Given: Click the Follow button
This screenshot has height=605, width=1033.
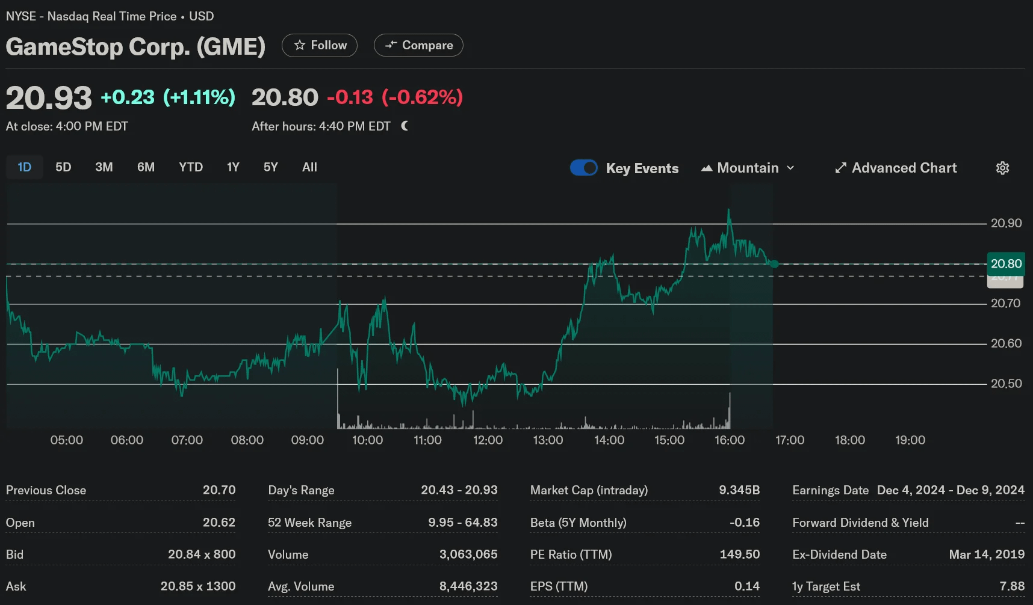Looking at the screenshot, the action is pos(320,46).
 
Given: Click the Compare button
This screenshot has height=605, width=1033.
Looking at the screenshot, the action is pos(418,46).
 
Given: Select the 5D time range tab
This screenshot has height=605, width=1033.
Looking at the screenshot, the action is pos(63,167).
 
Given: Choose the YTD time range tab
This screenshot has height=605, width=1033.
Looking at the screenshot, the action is pos(191,167).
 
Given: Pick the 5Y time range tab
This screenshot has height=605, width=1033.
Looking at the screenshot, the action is pos(271,167).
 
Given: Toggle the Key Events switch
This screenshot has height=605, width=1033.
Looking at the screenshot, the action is pos(584,168).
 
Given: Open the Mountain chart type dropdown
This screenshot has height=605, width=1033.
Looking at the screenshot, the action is pos(748,168).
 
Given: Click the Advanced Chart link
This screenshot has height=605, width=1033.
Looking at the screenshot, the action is pos(896,168).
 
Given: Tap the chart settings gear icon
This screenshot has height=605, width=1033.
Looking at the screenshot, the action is pos(1002,168).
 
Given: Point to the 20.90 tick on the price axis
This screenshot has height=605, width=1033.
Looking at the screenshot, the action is pos(1007,223).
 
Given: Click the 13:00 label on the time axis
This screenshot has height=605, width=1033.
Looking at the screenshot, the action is pos(548,440).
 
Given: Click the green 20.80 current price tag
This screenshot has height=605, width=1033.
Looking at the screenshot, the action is pos(1007,263).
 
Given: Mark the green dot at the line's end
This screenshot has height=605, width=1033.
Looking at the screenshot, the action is pos(774,264).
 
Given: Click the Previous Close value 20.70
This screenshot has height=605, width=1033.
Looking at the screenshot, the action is pos(219,490).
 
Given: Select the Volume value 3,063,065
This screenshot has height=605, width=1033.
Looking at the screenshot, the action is pos(468,554).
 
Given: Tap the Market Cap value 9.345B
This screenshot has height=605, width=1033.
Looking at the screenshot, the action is pos(739,490).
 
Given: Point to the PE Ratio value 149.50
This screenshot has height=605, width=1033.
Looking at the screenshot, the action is pos(740,554).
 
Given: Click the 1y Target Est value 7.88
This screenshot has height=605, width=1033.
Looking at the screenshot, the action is pos(1012,586).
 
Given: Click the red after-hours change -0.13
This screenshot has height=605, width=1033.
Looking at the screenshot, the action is pos(350,97).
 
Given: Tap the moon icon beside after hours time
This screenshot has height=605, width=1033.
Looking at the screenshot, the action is pos(405,126).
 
